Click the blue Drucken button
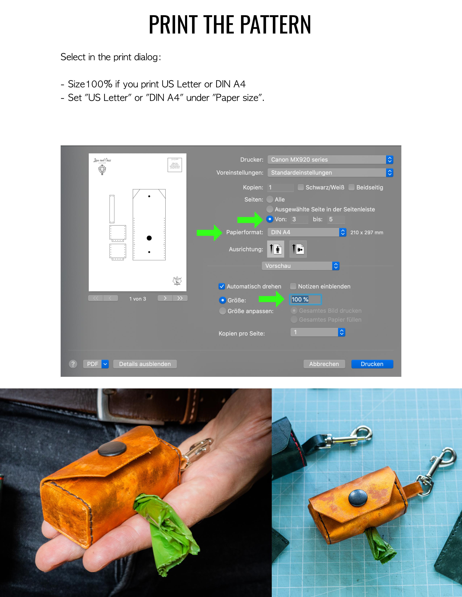tap(372, 364)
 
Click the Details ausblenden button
tap(145, 364)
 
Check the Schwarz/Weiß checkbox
tap(301, 187)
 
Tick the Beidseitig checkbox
tap(351, 187)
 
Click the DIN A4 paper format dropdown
tap(307, 232)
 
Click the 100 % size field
tap(305, 300)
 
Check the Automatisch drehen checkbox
tap(222, 287)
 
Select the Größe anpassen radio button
tap(222, 311)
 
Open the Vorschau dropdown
tap(300, 266)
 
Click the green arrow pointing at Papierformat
tap(209, 233)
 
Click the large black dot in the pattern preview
tap(149, 238)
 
